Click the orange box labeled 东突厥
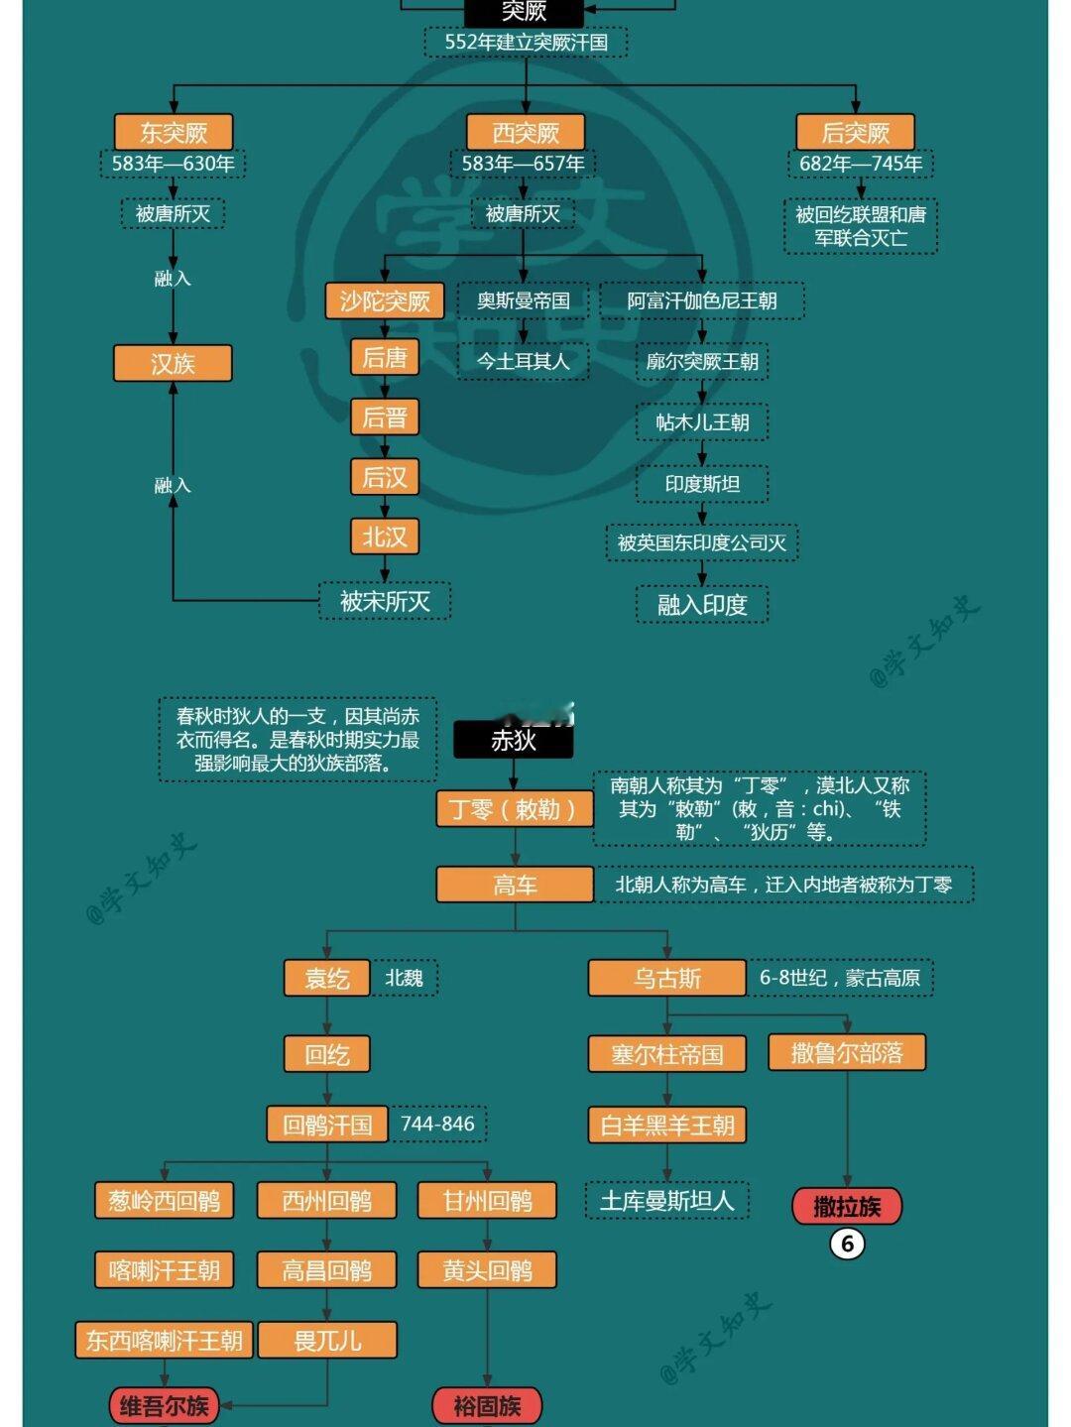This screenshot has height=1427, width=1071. pyautogui.click(x=174, y=132)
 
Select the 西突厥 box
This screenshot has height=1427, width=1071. pyautogui.click(x=526, y=132)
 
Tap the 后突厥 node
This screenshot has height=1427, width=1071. pyautogui.click(x=855, y=132)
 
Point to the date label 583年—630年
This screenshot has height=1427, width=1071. pyautogui.click(x=174, y=164)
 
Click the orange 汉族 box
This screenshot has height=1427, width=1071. pyautogui.click(x=173, y=363)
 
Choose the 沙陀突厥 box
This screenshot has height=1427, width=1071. pyautogui.click(x=385, y=300)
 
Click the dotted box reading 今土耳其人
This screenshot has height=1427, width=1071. pyautogui.click(x=523, y=361)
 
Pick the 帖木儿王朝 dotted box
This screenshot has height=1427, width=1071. pyautogui.click(x=702, y=422)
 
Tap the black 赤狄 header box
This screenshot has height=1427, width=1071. pyautogui.click(x=514, y=740)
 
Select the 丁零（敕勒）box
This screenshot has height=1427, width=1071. pyautogui.click(x=514, y=809)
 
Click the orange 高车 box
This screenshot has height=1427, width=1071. pyautogui.click(x=515, y=885)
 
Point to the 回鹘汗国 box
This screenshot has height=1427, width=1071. pyautogui.click(x=327, y=1125)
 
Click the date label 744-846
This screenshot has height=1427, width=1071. pyautogui.click(x=437, y=1125)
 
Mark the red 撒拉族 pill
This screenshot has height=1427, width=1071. pyautogui.click(x=847, y=1206)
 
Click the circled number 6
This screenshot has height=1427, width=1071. pyautogui.click(x=847, y=1244)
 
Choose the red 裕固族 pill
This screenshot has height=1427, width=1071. pyautogui.click(x=487, y=1405)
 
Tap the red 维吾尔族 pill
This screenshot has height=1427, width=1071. pyautogui.click(x=165, y=1405)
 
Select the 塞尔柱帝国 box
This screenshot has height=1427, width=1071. pyautogui.click(x=667, y=1054)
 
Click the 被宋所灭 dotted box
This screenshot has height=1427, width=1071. pyautogui.click(x=385, y=601)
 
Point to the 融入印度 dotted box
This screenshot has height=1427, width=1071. pyautogui.click(x=702, y=604)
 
